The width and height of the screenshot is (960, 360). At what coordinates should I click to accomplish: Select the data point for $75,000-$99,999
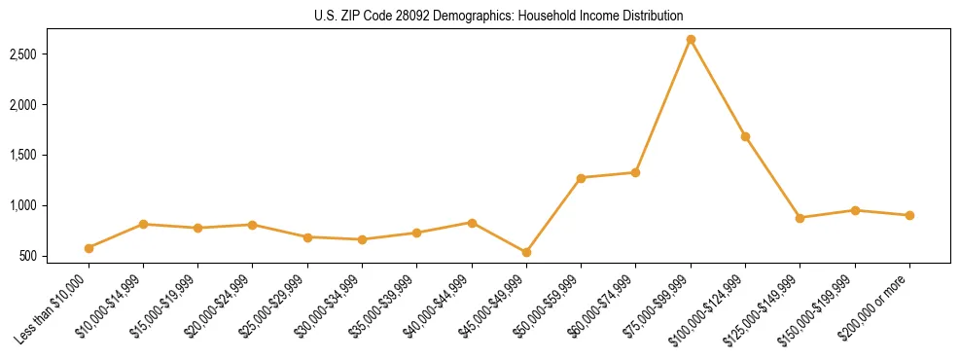(x=691, y=40)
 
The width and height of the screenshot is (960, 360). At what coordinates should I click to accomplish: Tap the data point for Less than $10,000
(x=89, y=248)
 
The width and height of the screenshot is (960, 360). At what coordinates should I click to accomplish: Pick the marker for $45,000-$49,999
(x=526, y=252)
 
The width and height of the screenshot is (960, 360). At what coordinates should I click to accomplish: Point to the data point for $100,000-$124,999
(x=745, y=136)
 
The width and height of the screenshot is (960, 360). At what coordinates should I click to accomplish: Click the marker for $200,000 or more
(x=909, y=215)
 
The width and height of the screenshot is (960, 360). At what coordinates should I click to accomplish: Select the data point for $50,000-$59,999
(x=581, y=178)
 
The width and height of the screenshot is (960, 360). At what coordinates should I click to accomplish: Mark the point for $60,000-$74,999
(x=635, y=172)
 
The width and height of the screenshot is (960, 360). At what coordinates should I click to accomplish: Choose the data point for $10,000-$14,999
(x=143, y=224)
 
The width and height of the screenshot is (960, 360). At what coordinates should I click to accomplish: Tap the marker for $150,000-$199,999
(x=855, y=210)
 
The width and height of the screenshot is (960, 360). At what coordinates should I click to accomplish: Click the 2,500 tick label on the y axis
(x=48, y=54)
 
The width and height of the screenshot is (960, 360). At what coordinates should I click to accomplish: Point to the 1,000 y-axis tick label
(x=48, y=206)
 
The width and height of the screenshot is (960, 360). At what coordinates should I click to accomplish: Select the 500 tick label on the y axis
(x=54, y=257)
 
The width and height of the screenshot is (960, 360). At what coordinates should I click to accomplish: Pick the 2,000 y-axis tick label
(x=48, y=105)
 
